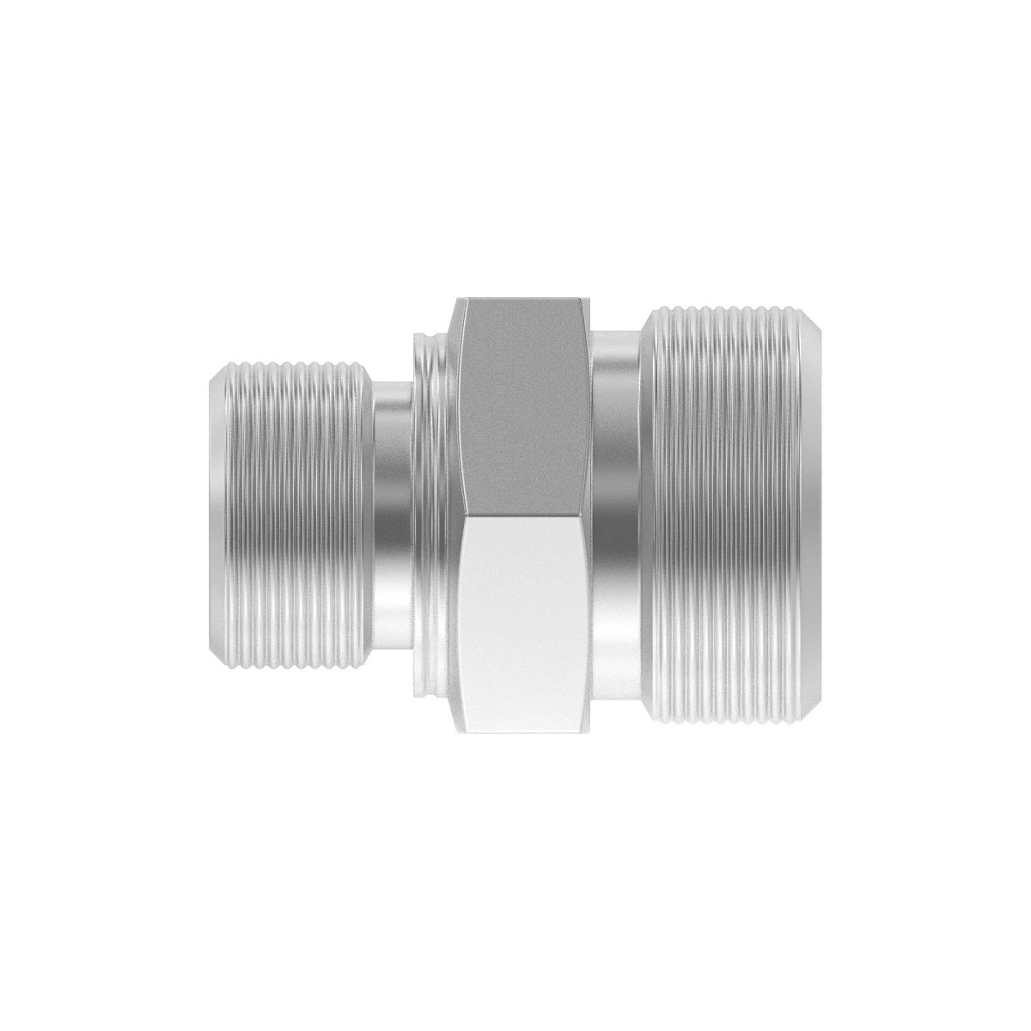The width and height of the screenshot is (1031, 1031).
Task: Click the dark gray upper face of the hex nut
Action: [524, 404]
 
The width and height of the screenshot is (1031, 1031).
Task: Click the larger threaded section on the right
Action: [730, 515]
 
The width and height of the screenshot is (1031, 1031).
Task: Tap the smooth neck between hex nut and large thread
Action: [619, 515]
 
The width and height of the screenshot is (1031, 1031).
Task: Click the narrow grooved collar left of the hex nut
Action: [434, 515]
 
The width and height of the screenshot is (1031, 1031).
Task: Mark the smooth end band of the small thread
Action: [219, 515]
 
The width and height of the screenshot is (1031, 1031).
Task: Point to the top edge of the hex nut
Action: [524, 300]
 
